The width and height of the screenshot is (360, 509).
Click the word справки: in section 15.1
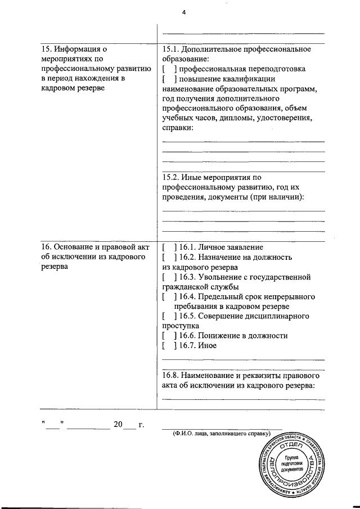tap(177, 128)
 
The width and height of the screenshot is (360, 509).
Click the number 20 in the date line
tap(118, 425)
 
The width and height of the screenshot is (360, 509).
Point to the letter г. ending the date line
tap(141, 425)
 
